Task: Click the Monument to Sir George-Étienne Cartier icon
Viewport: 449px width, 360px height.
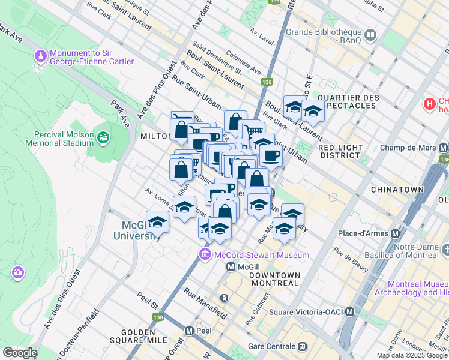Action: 41,56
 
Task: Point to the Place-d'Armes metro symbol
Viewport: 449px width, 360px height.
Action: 396,233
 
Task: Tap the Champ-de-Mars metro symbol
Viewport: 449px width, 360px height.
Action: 444,148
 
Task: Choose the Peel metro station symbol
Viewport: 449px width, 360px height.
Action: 189,331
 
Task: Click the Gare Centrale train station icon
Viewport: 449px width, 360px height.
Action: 303,346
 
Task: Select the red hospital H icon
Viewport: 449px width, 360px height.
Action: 429,104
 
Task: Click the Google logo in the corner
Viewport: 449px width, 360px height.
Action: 20,352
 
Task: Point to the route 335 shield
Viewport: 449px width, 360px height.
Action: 274,2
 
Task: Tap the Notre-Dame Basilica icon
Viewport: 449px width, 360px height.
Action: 444,248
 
